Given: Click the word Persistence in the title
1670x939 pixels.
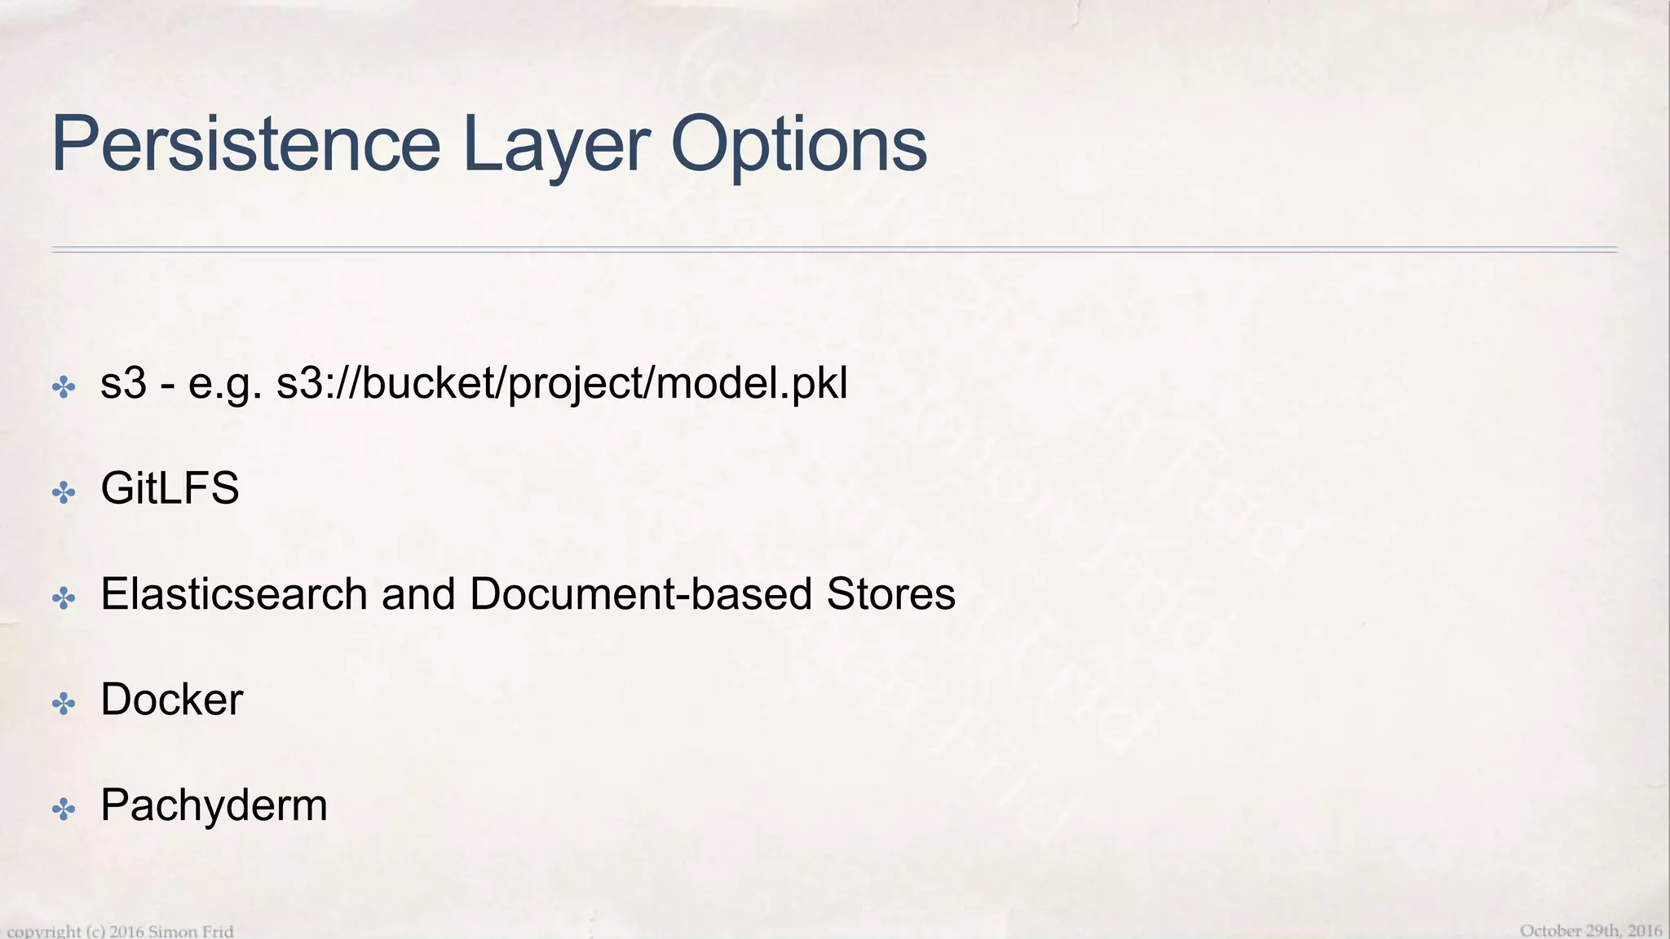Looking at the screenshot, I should [245, 144].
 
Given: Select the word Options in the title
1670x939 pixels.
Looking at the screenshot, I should [798, 144].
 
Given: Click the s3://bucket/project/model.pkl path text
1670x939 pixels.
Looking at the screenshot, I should [562, 383].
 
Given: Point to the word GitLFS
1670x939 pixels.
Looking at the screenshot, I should [170, 488].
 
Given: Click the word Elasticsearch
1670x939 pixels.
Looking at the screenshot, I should [234, 593].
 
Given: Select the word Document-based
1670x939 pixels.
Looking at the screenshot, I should [641, 593].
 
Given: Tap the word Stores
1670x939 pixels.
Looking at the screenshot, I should [890, 593].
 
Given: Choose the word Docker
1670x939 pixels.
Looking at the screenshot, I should [171, 699].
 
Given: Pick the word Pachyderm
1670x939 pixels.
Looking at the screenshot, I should [214, 805].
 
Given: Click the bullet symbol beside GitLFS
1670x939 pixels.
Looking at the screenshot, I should [64, 492].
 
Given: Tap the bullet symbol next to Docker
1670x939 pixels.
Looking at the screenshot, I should [64, 703].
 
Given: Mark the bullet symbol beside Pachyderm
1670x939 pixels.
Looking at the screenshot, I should [64, 809].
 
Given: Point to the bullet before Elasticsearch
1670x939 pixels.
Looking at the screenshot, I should [64, 598].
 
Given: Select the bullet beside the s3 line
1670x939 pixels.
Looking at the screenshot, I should [64, 387].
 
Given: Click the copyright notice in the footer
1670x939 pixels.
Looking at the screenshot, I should [121, 931].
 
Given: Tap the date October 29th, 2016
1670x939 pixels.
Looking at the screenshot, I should [1591, 930].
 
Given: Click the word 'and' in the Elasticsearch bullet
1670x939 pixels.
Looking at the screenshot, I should [418, 593].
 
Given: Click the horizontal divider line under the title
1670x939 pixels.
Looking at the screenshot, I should [834, 249].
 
